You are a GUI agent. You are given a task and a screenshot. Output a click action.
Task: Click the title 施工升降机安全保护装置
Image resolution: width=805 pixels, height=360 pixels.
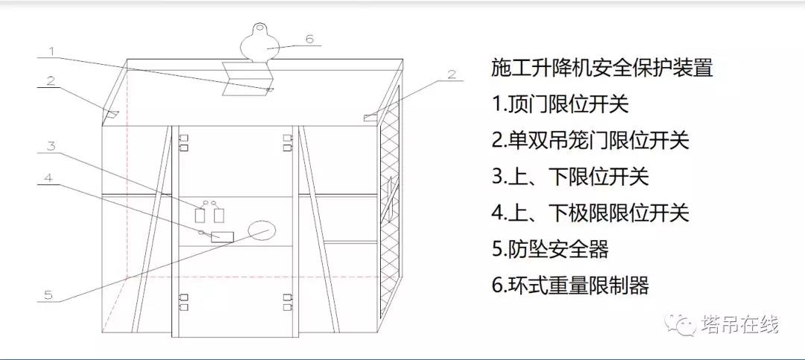(602, 68)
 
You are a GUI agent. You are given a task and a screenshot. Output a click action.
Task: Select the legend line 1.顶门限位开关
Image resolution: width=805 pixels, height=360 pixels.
(560, 104)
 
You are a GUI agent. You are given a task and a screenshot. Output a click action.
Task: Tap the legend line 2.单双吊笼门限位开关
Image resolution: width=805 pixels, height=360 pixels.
(590, 140)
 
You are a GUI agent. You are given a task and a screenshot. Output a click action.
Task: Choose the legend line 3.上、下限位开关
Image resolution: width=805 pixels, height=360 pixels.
(570, 177)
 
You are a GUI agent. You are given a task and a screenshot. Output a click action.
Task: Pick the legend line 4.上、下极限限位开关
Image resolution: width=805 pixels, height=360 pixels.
(590, 212)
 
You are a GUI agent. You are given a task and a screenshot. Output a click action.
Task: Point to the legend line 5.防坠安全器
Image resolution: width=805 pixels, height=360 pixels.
(550, 249)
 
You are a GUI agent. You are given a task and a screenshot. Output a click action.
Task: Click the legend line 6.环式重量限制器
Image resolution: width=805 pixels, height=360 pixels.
(570, 285)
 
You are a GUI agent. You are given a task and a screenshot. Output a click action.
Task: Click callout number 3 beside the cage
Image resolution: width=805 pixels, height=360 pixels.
(51, 146)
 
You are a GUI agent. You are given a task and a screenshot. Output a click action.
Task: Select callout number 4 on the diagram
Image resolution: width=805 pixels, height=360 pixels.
(49, 179)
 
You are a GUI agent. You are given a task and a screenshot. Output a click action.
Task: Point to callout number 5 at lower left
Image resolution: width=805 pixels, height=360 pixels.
(48, 294)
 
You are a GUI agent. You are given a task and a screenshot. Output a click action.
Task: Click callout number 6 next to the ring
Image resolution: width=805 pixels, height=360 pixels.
(309, 39)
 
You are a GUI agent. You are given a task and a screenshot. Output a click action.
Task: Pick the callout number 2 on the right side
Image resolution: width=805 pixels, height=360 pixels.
(452, 74)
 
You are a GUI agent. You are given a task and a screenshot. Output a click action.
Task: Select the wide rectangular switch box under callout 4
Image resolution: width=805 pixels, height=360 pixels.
(222, 237)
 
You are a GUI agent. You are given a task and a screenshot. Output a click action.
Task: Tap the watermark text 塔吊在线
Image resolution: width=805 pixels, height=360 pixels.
(740, 324)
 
